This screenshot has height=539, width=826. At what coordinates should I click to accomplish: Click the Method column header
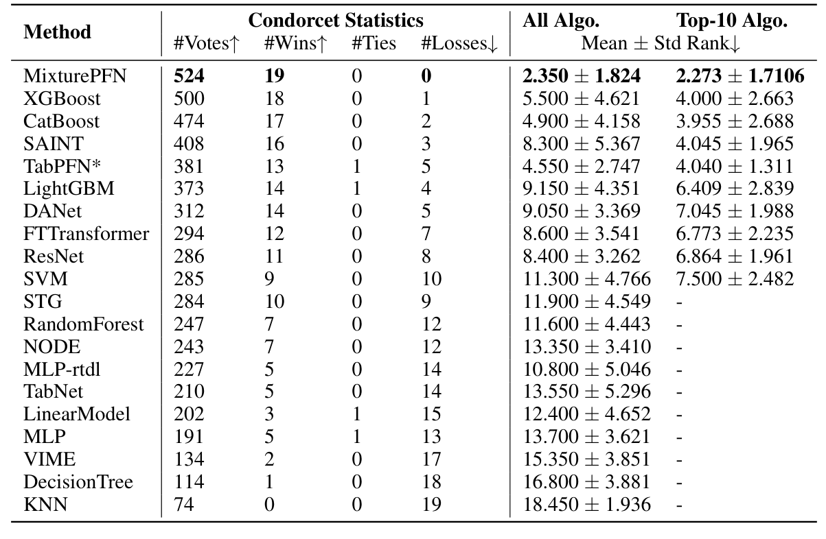pos(57,32)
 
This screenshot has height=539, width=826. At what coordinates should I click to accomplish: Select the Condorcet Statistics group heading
pos(336,21)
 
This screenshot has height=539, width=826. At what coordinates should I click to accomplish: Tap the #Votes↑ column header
pos(207,44)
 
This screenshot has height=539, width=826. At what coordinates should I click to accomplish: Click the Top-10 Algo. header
pos(732,21)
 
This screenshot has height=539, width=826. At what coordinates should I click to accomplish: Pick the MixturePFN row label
pos(75,76)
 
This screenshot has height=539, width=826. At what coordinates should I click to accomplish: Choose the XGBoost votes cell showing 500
pos(190,99)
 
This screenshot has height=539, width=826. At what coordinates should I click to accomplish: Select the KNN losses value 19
pos(432,505)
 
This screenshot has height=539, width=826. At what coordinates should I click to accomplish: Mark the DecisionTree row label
pos(78,483)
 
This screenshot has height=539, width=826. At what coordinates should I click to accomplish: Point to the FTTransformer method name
pos(86,235)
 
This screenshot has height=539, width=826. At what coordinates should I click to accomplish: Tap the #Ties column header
pos(374,44)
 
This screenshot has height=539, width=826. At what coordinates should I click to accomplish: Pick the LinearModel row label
pos(76,415)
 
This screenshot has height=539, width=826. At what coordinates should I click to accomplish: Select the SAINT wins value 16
pos(274,144)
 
